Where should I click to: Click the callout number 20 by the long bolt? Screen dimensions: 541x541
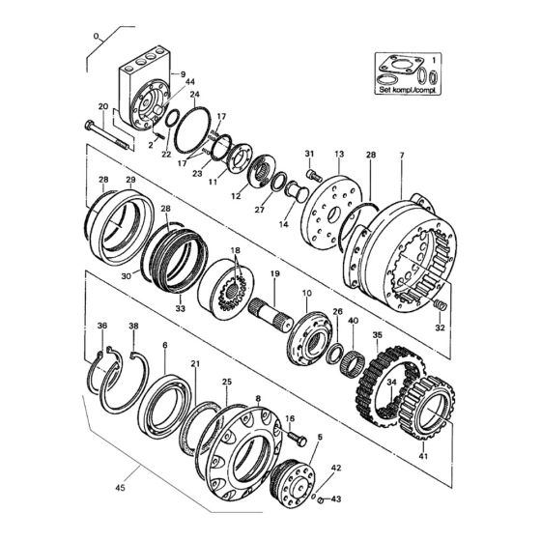click(102, 106)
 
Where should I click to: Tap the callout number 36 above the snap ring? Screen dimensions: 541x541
click(101, 326)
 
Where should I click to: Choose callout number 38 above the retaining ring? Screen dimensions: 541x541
click(133, 326)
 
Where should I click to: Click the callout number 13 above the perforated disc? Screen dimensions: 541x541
click(338, 155)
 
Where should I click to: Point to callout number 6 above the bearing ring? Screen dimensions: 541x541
click(165, 346)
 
